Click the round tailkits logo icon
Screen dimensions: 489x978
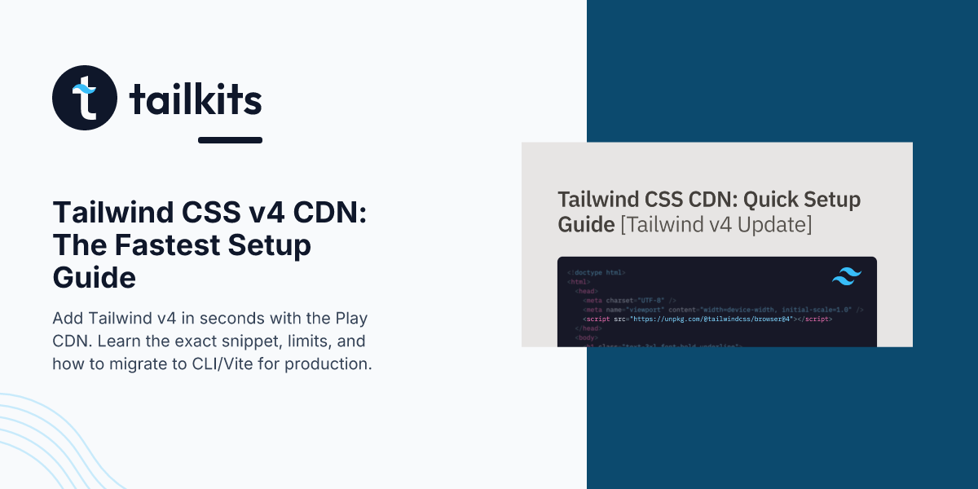click(85, 98)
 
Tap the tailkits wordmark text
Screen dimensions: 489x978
click(196, 100)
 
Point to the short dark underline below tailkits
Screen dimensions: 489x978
click(230, 140)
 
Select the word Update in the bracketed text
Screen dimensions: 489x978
click(777, 224)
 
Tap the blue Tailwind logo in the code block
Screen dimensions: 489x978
click(846, 276)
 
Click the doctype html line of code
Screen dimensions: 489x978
click(597, 272)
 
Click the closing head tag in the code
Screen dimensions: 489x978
click(588, 328)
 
